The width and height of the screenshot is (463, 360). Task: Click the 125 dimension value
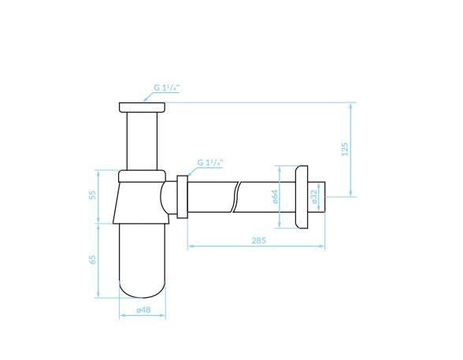click(345, 149)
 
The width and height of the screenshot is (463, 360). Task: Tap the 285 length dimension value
click(258, 240)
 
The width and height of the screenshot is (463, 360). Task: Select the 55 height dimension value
click(92, 195)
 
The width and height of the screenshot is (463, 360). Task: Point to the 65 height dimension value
click(92, 260)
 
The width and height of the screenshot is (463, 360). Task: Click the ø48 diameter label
click(143, 310)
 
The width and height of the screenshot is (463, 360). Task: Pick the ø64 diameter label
click(275, 197)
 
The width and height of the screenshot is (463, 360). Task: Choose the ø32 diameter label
click(314, 196)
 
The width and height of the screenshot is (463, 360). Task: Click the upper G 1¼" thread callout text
click(167, 87)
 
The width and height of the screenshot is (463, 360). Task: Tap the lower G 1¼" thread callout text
click(210, 162)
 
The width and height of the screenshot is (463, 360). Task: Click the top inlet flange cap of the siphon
click(142, 107)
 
